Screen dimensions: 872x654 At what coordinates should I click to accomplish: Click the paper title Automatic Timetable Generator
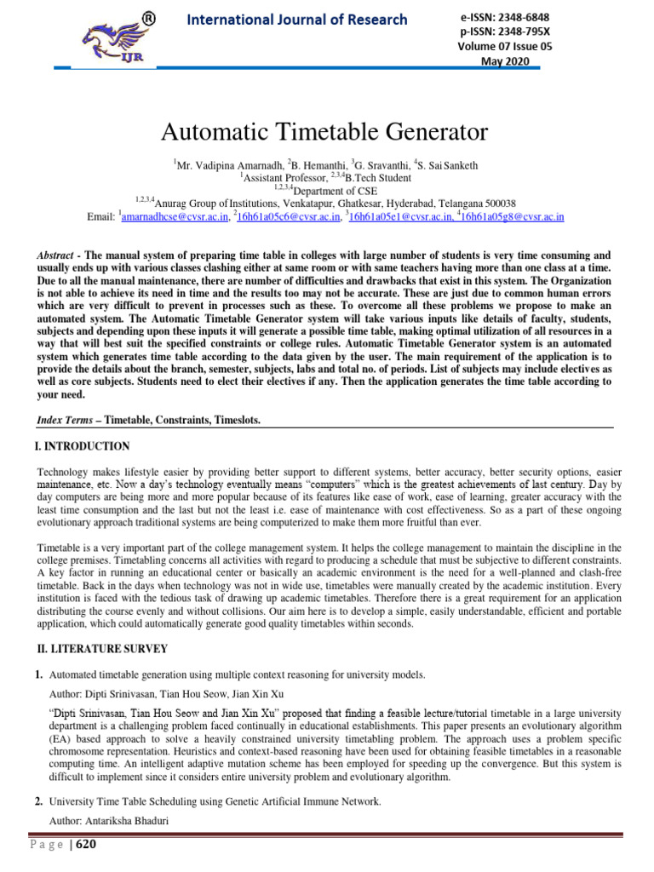(x=325, y=133)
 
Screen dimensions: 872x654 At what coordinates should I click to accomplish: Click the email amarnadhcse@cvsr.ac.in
(x=175, y=217)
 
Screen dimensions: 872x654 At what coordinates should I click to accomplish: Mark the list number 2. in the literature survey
(x=39, y=802)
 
